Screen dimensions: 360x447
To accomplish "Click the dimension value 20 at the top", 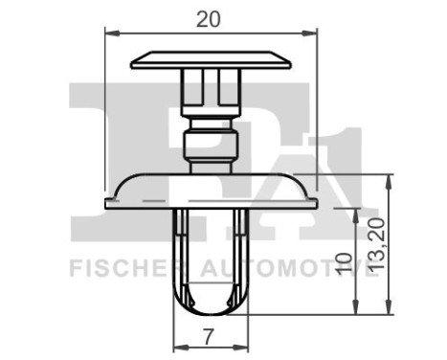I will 211,17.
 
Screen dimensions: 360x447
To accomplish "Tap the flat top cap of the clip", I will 211,61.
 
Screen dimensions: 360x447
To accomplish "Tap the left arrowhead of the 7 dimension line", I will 176,348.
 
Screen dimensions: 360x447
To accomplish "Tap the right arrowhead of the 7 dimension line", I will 244,348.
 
